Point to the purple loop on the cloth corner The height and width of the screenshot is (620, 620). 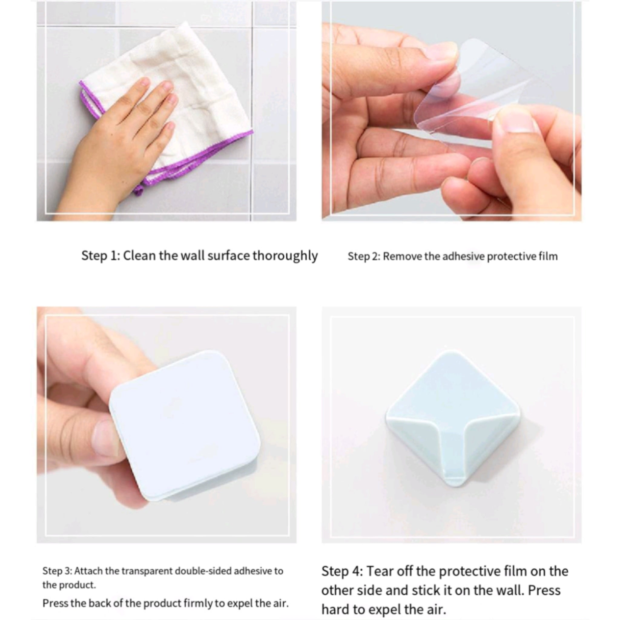(x=139, y=191)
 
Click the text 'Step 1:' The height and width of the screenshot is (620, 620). (x=101, y=256)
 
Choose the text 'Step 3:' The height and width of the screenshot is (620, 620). (x=57, y=571)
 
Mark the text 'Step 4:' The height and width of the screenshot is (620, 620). (x=342, y=572)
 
